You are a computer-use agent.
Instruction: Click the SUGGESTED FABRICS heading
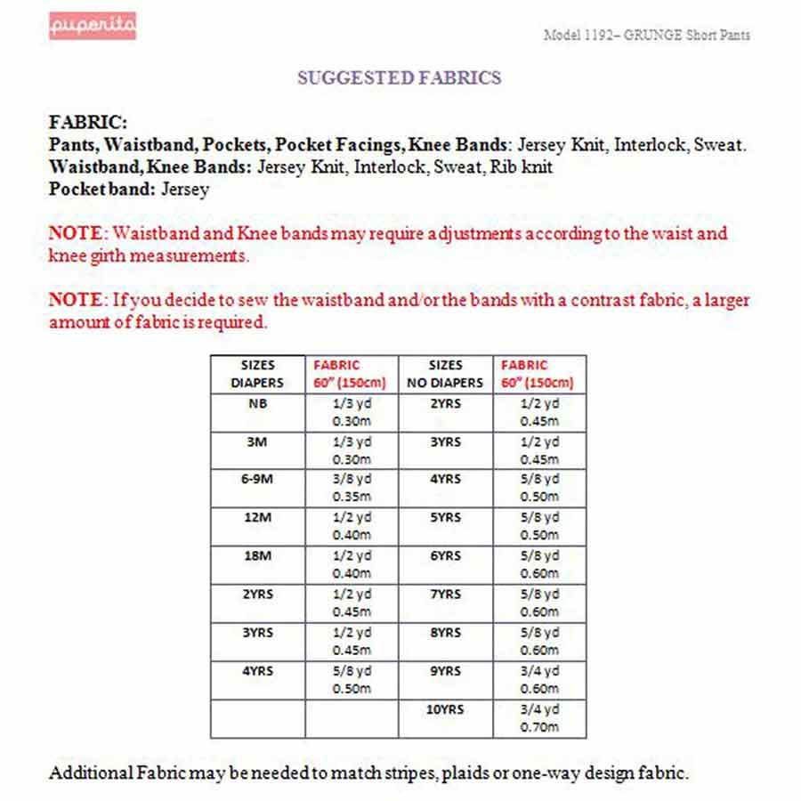[400, 77]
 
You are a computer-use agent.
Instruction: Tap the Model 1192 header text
[646, 36]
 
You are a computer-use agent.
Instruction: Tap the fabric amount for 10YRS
[539, 719]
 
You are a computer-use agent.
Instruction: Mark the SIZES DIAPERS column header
[257, 374]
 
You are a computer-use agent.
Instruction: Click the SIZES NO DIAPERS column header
[445, 374]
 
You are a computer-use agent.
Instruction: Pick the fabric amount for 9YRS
[539, 681]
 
